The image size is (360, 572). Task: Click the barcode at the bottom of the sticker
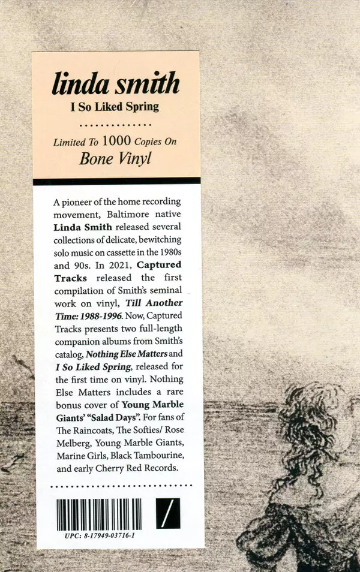tap(99, 514)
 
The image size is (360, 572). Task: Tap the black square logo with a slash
tap(168, 514)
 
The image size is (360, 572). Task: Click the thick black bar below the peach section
tap(116, 181)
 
